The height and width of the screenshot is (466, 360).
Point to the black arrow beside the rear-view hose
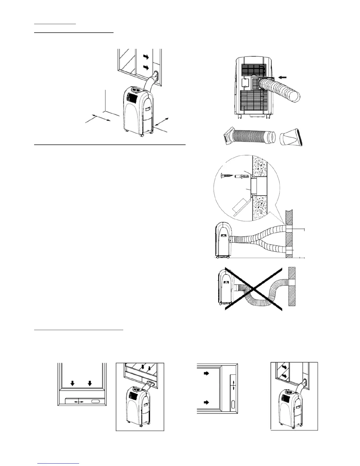[x=283, y=77]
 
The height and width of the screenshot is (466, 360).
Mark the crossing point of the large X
[x=254, y=289]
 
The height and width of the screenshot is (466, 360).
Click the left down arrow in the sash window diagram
[x=72, y=383]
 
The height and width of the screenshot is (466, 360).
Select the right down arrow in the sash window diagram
[x=90, y=383]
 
